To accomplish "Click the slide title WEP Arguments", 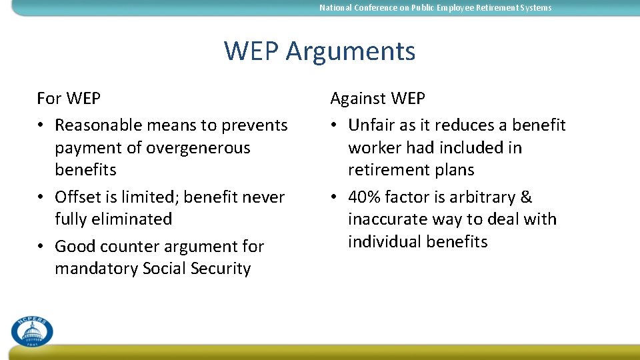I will coord(319,51).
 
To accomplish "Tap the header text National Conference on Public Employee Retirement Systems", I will coord(435,8).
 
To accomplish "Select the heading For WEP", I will coord(69,99).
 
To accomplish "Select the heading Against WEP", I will coord(377,99).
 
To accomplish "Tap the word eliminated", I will coord(133,219).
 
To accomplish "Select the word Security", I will coord(220,269).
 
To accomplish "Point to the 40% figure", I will coord(364,197).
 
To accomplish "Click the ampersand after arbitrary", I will coord(526,197).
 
